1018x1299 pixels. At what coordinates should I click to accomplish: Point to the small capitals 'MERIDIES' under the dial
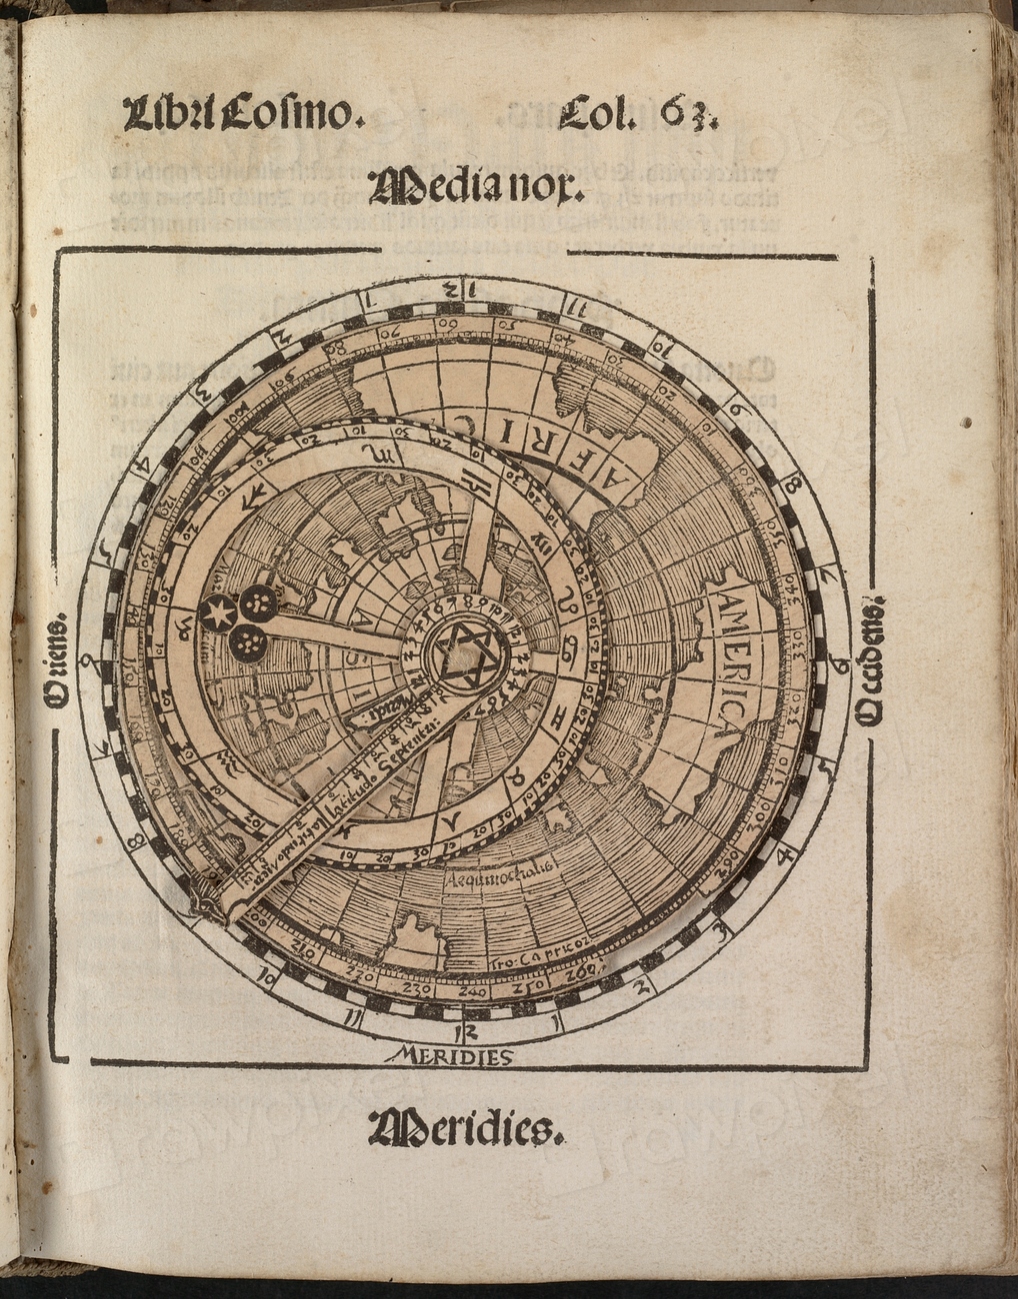tap(454, 1055)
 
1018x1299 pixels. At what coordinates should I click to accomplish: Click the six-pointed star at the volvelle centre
tap(463, 657)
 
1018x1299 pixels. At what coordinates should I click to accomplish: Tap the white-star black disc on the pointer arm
tap(214, 611)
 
